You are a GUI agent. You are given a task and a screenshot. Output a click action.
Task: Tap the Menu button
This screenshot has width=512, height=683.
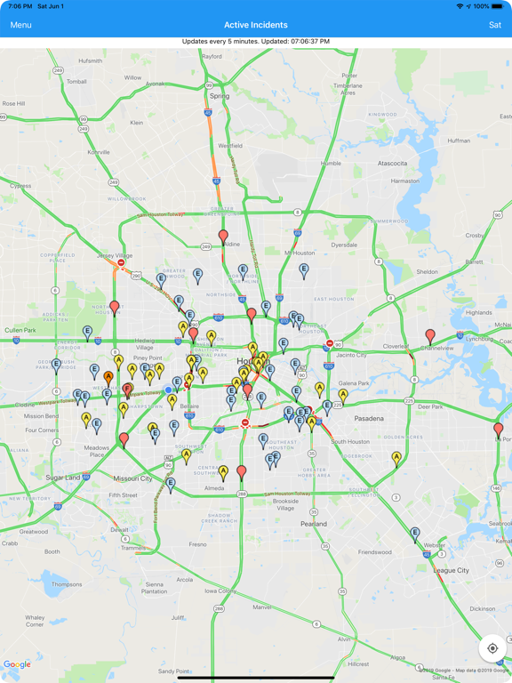20,25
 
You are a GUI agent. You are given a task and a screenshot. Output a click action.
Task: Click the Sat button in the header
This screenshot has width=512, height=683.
495,25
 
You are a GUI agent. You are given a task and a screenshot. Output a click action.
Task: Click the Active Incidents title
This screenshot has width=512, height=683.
256,25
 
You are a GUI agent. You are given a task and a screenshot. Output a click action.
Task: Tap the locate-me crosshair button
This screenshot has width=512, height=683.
492,648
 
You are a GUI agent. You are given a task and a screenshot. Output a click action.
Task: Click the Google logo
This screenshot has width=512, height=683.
17,664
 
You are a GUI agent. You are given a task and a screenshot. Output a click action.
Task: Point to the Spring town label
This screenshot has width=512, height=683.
219,96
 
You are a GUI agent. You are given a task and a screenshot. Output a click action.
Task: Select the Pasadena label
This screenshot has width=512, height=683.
368,418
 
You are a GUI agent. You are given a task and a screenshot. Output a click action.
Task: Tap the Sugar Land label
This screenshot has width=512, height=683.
63,478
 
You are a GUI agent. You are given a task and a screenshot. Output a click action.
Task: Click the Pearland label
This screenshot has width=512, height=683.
313,524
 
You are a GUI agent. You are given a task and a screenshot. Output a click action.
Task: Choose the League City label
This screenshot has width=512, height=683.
451,570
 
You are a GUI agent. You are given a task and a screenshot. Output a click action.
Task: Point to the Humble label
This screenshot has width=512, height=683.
331,164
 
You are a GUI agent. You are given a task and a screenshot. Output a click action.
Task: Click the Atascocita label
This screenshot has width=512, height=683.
392,164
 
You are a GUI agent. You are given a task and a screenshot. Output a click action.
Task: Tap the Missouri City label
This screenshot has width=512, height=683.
132,478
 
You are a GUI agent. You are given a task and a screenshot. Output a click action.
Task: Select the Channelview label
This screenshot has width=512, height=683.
437,349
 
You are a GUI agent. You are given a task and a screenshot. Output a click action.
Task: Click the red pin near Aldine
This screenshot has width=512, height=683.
223,236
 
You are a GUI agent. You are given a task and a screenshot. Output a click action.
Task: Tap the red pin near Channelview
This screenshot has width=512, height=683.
431,334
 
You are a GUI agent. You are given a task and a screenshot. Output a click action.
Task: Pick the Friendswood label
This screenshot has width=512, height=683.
375,551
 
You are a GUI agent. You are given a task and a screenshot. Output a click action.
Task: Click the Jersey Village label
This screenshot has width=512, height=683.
115,255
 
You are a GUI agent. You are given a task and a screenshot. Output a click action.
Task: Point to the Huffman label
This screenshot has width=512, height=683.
459,141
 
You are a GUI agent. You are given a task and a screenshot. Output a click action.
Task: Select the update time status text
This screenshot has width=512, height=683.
256,42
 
